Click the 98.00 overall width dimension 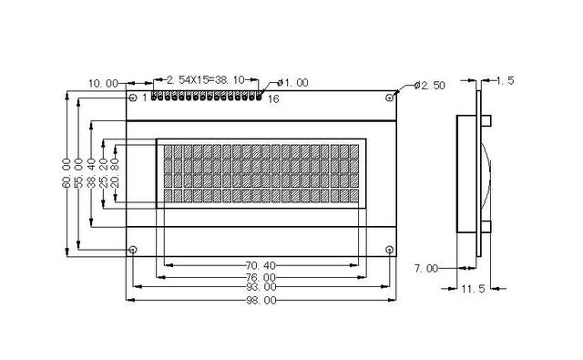[261, 300]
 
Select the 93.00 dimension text [261, 287]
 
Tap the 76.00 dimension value [261, 277]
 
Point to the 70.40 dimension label [261, 265]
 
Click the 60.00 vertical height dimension [66, 172]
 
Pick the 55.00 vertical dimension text [78, 172]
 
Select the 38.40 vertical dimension [91, 172]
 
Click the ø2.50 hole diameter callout [429, 85]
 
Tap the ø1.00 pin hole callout [293, 83]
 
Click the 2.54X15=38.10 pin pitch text [206, 79]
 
